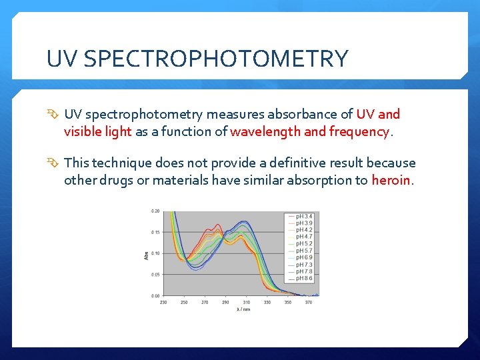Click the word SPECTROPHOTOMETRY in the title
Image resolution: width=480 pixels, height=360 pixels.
(217, 59)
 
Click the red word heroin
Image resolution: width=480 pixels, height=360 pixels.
(392, 180)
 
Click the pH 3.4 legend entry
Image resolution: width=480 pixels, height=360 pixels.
(303, 216)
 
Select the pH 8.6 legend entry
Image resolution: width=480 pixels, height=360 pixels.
(303, 278)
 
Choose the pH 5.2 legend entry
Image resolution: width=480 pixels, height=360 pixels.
(303, 243)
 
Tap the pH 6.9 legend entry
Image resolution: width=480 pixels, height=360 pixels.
(303, 257)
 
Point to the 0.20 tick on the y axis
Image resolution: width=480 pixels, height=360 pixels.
(155, 211)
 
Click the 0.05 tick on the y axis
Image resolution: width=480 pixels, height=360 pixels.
(155, 274)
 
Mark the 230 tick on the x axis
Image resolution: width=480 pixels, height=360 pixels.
(164, 302)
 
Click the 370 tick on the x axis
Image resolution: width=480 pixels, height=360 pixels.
(308, 302)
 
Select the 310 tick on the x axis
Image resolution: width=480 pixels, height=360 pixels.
(246, 302)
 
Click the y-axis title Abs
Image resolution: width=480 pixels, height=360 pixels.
(147, 255)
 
